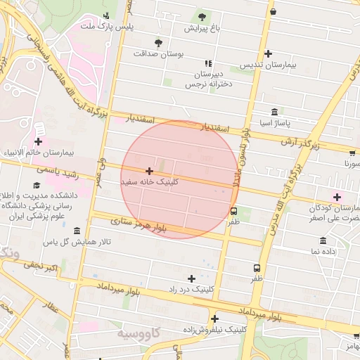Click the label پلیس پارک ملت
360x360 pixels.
pos(105,27)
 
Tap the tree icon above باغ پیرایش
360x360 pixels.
pos(202,16)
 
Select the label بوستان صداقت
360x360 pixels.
pos(158,53)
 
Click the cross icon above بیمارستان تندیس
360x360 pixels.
pos(268,53)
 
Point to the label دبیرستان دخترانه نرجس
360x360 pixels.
pos(203,79)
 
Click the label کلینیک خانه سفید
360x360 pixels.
pos(150,181)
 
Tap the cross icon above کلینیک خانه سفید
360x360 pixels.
pos(149,171)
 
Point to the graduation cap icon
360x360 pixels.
pos(36,185)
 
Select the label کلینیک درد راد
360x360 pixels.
pos(191,289)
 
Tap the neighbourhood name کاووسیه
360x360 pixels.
pos(137,332)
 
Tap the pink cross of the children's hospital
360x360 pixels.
pos(337,197)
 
